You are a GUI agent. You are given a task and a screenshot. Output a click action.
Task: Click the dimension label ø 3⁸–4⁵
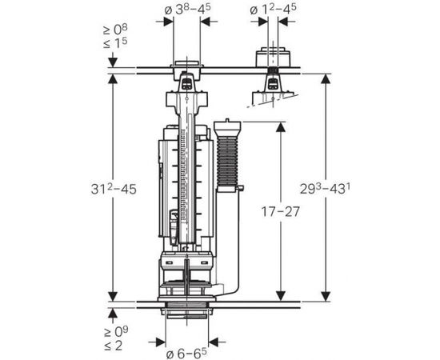point(187,10)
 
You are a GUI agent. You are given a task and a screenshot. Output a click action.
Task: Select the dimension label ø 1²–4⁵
point(273,10)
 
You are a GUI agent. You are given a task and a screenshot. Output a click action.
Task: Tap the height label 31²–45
point(114,189)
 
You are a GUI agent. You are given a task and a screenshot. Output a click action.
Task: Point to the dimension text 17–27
point(281,211)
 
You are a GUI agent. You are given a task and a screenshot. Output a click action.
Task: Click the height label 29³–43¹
point(326,188)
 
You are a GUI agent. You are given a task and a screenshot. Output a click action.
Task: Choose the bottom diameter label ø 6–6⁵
point(186,354)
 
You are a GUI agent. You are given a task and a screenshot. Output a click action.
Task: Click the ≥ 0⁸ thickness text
point(115,30)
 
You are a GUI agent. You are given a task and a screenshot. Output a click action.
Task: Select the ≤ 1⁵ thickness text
point(115,42)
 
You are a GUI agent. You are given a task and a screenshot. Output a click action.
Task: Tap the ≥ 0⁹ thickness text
point(116,331)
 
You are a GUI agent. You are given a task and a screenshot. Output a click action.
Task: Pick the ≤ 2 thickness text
point(113,345)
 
